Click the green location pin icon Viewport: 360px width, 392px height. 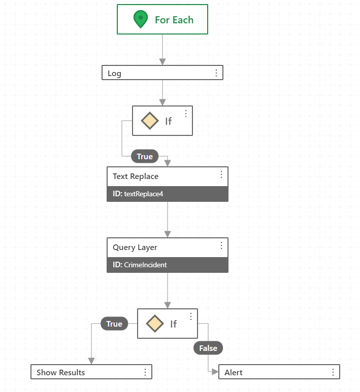coord(141,19)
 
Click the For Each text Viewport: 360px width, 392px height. coord(174,20)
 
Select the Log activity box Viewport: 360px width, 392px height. coord(162,73)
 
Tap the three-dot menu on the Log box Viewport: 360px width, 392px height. coord(216,73)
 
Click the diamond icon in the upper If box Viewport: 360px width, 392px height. coord(150,121)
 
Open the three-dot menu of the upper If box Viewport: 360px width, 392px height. coord(186,114)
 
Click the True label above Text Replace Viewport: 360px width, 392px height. coord(145,156)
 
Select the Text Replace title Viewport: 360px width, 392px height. coord(136,176)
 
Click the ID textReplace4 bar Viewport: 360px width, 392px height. coord(168,194)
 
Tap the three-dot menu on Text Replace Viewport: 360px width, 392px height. coord(221,174)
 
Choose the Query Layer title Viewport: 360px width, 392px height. coord(135,247)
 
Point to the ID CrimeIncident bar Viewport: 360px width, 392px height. coord(168,265)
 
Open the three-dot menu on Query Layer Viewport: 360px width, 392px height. coord(221,245)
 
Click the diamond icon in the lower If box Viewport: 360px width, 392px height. coord(155,324)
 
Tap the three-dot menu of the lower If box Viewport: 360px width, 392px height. coord(191,316)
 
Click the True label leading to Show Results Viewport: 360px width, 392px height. coord(114,324)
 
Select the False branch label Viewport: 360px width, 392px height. coord(208,348)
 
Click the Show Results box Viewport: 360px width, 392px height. coord(91,372)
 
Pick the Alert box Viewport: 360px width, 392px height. coord(279,372)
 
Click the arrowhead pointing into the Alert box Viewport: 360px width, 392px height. coord(215,372)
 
